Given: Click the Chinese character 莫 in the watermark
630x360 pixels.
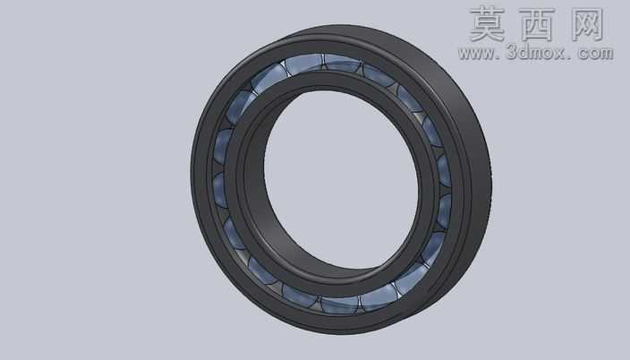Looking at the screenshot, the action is [x=487, y=24].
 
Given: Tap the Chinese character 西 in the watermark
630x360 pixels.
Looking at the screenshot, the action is [x=538, y=24].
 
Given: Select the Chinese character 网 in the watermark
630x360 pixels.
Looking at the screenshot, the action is [x=587, y=24].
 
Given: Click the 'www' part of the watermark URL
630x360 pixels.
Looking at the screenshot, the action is [x=478, y=53].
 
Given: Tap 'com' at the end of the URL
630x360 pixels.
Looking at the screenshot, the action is [x=594, y=53].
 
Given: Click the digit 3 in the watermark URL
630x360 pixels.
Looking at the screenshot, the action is [x=512, y=52].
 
